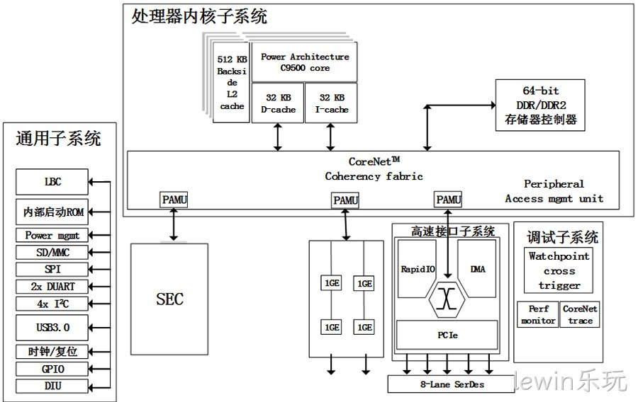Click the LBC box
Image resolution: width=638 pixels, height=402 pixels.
[x=52, y=182]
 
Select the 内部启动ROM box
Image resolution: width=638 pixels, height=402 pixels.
[x=52, y=212]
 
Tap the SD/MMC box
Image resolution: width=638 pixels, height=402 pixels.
[x=52, y=252]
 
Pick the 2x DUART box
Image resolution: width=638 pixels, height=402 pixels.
[x=52, y=286]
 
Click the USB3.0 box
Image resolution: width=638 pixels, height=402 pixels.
[x=52, y=327]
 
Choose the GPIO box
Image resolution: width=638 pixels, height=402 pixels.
[x=52, y=369]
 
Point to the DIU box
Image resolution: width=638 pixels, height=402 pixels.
[x=52, y=386]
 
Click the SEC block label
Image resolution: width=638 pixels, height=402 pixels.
[x=169, y=299]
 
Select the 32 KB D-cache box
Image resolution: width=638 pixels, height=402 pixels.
[x=278, y=103]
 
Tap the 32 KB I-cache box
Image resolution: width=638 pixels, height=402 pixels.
[x=331, y=103]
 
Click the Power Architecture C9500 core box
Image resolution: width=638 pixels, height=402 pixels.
[x=304, y=62]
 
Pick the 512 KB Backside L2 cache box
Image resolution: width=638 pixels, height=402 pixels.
[x=231, y=82]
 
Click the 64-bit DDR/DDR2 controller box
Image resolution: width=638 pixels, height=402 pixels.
[x=540, y=105]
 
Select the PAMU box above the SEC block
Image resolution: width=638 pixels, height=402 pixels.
[x=174, y=200]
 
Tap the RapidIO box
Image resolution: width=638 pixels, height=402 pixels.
[x=418, y=269]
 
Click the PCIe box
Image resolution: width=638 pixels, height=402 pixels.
[x=447, y=335]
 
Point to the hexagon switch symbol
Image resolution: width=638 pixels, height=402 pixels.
[x=447, y=299]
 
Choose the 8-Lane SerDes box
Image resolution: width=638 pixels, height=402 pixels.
[x=452, y=384]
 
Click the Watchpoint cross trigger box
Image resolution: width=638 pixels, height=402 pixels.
[x=559, y=270]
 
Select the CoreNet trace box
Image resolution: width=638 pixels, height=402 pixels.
[x=580, y=314]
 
